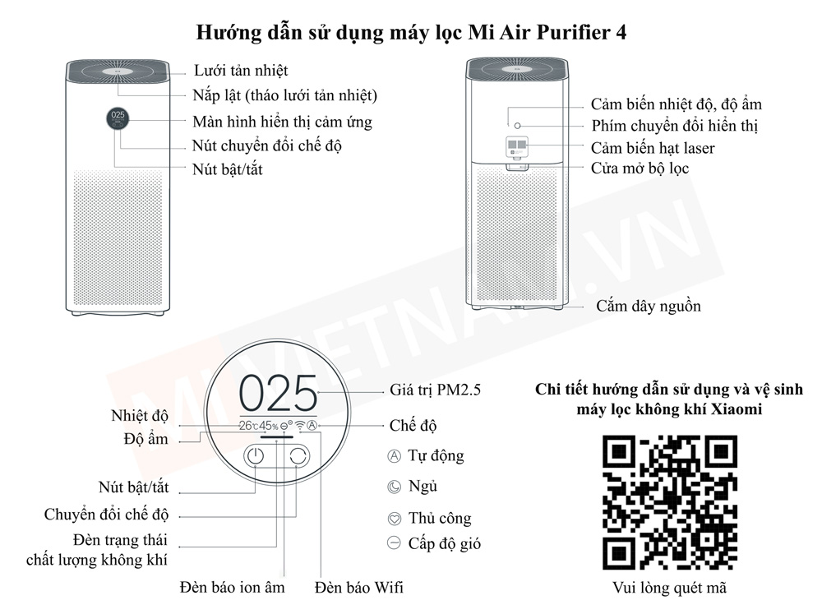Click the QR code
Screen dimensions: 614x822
tap(669, 502)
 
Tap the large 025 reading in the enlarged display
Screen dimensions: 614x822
tap(278, 394)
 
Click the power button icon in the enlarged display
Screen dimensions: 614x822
tap(256, 459)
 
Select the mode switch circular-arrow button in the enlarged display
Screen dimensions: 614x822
tap(298, 459)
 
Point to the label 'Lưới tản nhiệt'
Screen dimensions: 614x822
tap(240, 71)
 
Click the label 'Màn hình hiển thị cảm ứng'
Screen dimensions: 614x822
tap(282, 122)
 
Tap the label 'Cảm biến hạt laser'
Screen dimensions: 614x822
tap(653, 148)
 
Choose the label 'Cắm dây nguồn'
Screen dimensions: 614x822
tap(649, 306)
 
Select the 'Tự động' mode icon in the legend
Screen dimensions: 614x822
tap(393, 455)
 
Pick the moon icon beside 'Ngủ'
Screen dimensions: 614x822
tap(393, 487)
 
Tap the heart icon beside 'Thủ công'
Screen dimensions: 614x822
tap(393, 519)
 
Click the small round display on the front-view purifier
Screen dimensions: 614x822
tap(117, 118)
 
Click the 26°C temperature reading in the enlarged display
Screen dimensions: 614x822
tap(248, 426)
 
